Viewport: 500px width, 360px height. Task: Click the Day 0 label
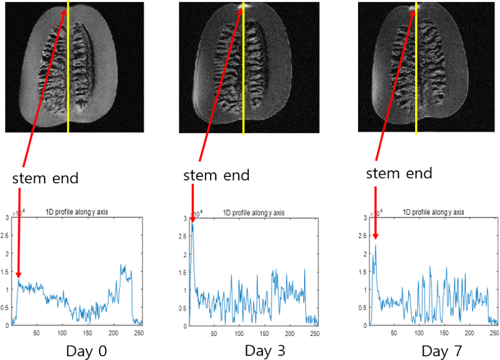pos(87,351)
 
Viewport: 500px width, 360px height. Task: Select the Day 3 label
pos(265,351)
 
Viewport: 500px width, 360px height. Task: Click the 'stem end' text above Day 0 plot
pos(45,178)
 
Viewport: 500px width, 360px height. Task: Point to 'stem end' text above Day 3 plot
pos(216,175)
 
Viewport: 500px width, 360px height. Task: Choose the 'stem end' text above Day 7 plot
pos(400,173)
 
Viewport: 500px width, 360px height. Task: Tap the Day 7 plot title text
pos(433,212)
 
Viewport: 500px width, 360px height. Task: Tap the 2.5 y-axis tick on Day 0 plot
pos(6,236)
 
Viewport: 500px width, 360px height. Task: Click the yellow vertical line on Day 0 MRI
pos(68,69)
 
